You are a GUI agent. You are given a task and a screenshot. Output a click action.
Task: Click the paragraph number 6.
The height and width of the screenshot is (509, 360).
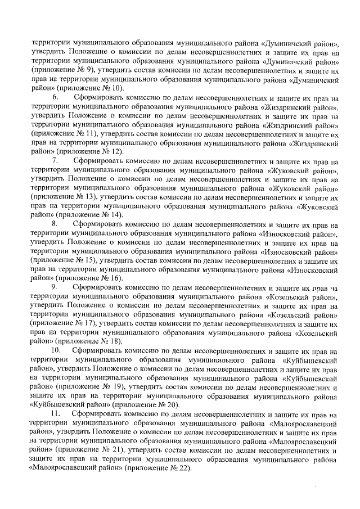55,97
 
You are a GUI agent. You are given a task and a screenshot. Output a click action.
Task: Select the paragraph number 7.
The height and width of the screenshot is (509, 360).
55,160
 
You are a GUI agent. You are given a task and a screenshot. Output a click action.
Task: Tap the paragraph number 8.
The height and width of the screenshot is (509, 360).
55,224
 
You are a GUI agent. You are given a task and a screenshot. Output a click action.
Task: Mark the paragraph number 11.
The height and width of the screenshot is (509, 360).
56,414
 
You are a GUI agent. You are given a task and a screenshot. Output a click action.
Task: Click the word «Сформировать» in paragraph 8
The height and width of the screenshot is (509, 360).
98,224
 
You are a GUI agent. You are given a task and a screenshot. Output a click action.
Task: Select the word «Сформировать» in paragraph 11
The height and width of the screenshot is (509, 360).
98,414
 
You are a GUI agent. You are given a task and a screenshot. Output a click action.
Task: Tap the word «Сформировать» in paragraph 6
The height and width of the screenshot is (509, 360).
98,97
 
